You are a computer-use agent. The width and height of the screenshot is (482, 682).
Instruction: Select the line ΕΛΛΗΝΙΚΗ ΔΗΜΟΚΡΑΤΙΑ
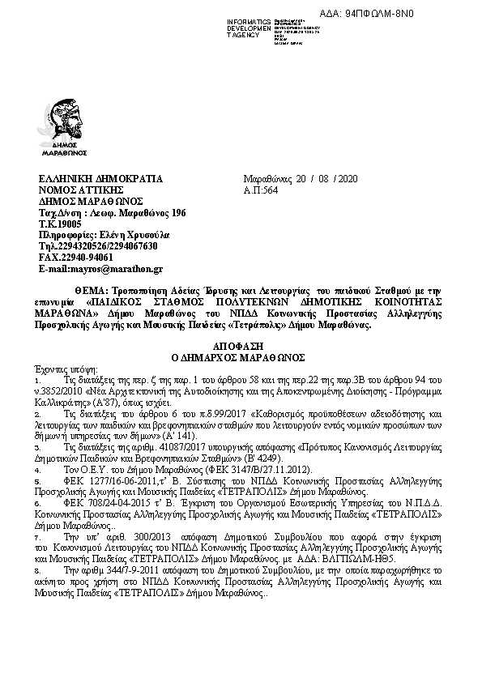(100, 178)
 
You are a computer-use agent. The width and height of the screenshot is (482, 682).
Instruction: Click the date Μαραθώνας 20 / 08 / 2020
(301, 178)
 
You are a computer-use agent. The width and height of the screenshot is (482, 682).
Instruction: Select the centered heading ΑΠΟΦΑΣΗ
(240, 344)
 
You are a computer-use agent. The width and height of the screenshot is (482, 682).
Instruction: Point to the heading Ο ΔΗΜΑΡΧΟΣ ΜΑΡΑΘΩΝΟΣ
(240, 356)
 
